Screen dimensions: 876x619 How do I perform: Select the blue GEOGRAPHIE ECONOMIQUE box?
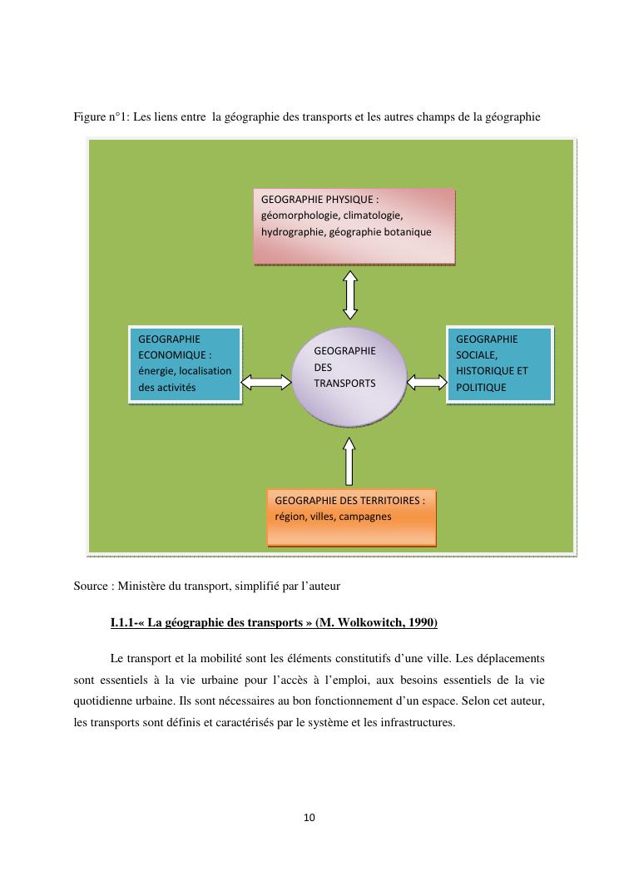(185, 364)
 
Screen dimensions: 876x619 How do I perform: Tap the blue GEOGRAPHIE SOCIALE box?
(499, 364)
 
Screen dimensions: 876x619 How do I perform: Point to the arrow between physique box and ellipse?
(350, 294)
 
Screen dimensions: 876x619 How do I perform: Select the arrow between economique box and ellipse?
(266, 382)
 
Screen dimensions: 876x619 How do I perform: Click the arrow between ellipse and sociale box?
(427, 382)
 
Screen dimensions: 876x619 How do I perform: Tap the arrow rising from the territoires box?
(349, 462)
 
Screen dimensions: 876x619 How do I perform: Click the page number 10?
(309, 818)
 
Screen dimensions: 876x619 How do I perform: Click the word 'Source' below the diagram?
(91, 586)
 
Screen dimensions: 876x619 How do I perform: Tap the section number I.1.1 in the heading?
(126, 623)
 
